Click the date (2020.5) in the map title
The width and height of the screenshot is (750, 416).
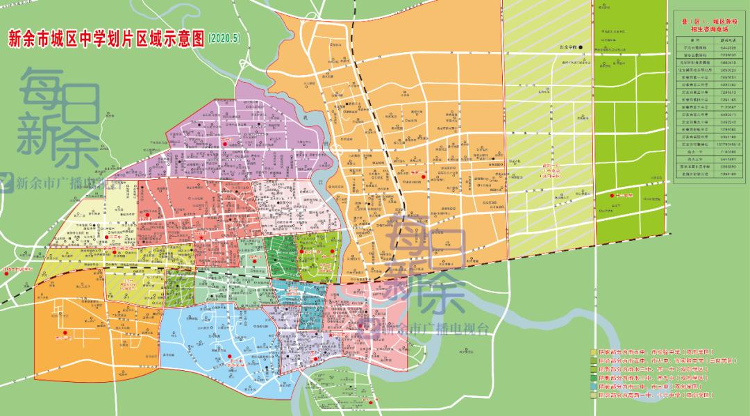click(x=224, y=38)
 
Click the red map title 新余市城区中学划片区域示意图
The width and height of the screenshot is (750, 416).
click(x=105, y=38)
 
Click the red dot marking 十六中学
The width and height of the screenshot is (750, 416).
click(x=612, y=196)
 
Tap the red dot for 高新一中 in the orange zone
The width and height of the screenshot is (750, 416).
click(x=422, y=176)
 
